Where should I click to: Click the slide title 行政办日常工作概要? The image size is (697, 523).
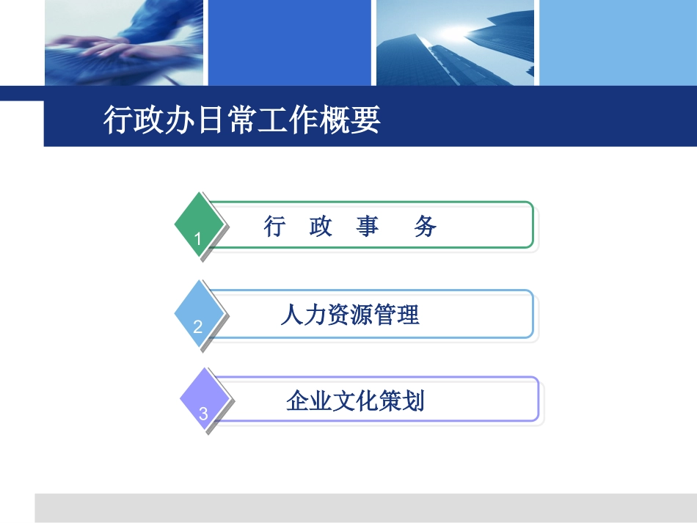click(242, 120)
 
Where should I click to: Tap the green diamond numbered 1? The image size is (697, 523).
click(199, 225)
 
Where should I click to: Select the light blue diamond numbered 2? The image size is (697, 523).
click(199, 314)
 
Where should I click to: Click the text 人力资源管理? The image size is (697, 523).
click(350, 315)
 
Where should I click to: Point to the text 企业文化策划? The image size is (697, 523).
click(356, 401)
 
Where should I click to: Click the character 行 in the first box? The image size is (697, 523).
click(274, 227)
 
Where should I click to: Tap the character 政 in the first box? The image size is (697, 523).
click(321, 227)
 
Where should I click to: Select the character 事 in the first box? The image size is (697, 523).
click(368, 227)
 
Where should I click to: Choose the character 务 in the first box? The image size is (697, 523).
click(426, 227)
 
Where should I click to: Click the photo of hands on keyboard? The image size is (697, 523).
click(123, 43)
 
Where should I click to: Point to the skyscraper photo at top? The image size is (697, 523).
click(455, 43)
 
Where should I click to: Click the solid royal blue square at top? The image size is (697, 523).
click(290, 43)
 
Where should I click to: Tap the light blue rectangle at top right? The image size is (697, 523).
click(618, 43)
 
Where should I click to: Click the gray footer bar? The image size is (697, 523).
click(365, 508)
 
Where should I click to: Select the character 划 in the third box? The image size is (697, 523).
click(415, 401)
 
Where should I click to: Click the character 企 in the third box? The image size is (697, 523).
click(297, 401)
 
